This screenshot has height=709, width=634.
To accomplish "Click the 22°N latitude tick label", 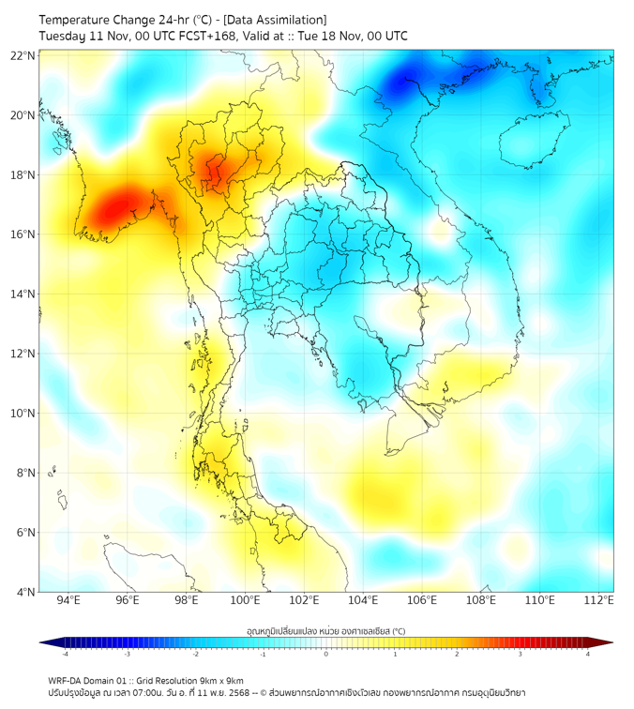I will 23,55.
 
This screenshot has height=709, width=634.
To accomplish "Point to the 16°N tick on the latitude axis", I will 23,234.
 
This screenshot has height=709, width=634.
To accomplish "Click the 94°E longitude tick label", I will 68,601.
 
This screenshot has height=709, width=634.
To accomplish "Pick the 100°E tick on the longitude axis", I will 246,601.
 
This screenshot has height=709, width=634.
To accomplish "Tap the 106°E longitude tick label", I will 422,601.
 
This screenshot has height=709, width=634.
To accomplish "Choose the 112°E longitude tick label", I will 599,601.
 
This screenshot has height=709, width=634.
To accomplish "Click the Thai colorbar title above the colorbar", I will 325,630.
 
